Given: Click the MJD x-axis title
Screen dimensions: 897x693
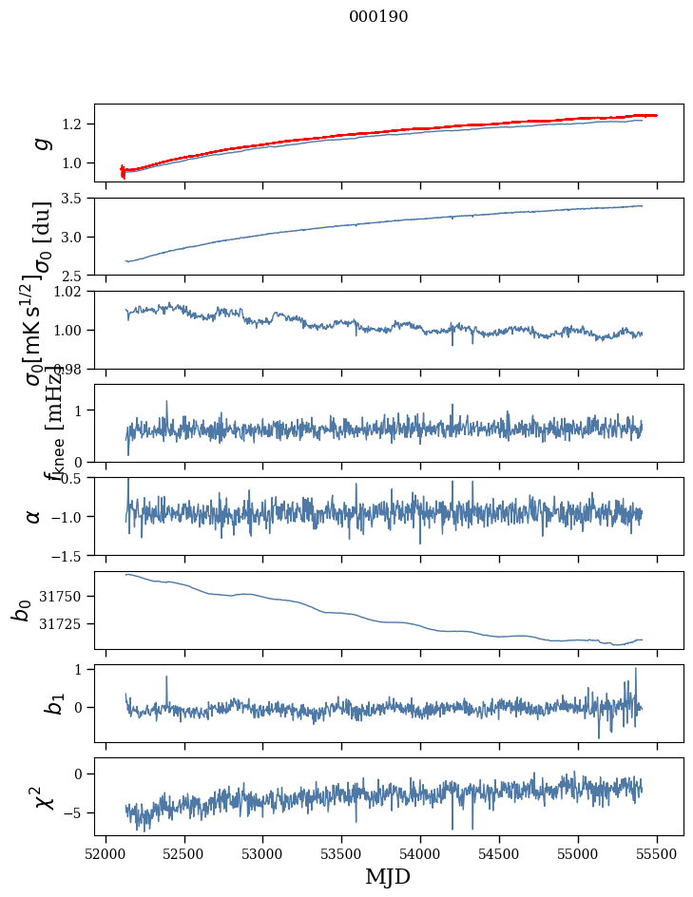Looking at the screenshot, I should (388, 876).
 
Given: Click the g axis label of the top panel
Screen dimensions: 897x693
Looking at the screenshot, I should (41, 143).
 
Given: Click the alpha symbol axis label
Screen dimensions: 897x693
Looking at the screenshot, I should (34, 516).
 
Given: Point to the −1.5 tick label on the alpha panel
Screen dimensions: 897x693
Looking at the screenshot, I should (67, 555).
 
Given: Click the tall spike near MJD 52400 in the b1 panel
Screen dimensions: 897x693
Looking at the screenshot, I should (167, 678).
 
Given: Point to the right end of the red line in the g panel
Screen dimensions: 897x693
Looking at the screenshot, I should (656, 115).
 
